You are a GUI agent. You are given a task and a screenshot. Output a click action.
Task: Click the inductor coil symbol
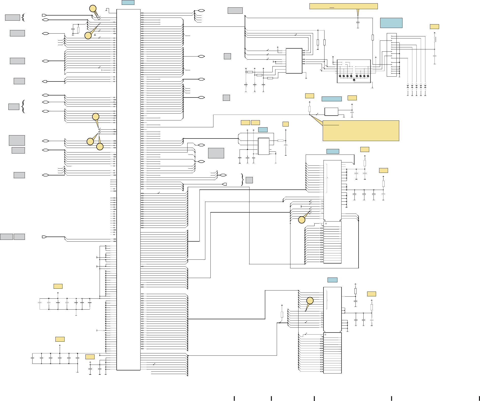(x=435, y=39)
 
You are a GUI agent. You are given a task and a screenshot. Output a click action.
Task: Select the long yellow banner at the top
(x=343, y=6)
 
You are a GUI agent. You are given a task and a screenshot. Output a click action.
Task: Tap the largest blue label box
(x=391, y=23)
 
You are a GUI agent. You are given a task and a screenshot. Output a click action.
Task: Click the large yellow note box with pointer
(x=361, y=131)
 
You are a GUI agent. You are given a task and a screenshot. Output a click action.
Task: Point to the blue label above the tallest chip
(x=128, y=2)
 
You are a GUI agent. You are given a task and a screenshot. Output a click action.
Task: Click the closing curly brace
(x=242, y=180)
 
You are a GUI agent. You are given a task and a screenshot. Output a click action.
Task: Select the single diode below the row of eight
(x=354, y=80)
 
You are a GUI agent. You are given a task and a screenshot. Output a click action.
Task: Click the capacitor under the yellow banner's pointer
(x=358, y=24)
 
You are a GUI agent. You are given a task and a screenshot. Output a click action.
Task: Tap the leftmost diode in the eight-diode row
(x=340, y=76)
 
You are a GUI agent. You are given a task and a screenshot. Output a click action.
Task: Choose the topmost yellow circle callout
(x=93, y=9)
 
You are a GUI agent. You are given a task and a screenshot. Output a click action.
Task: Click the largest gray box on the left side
(x=17, y=140)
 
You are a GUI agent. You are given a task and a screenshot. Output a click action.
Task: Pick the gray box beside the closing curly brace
(x=249, y=180)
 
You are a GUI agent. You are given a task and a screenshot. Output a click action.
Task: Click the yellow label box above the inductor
(x=434, y=26)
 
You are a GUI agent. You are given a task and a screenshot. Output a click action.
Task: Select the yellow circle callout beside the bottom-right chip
(x=310, y=300)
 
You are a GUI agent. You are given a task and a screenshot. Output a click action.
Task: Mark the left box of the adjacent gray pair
(x=6, y=237)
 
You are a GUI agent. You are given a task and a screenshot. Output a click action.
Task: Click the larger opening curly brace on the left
(x=23, y=106)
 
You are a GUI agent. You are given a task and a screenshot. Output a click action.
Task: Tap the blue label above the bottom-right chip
(x=332, y=280)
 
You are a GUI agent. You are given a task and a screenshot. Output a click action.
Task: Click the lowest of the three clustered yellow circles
(x=100, y=147)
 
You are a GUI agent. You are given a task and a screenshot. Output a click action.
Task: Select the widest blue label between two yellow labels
(x=331, y=99)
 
